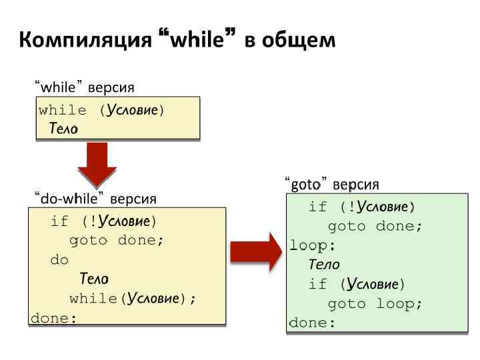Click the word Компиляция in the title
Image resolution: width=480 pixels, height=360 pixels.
pos(86,41)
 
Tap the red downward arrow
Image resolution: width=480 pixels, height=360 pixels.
pos(97,164)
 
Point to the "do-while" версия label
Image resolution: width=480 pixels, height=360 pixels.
pos(95,199)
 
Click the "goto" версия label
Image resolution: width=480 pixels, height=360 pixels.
pos(331,184)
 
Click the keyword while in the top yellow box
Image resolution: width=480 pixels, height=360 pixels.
pos(63,110)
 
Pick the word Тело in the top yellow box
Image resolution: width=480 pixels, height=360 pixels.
pos(63,128)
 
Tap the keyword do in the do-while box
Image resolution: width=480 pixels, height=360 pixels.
pos(59,260)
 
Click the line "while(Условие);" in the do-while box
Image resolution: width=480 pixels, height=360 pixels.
pos(133,298)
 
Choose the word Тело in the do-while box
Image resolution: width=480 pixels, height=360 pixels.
pos(94,279)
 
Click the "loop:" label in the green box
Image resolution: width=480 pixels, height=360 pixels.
pos(313,245)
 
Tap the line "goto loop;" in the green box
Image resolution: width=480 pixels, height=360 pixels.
pos(375,304)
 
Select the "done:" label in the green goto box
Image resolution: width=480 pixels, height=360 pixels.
pos(312,323)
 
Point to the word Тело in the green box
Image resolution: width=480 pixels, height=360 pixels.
pos(324,265)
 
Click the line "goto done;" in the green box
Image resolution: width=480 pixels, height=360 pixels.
pos(375,226)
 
